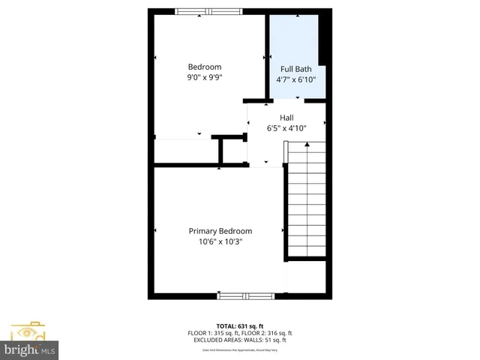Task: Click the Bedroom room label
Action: click(x=204, y=67)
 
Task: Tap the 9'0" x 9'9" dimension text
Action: click(x=204, y=76)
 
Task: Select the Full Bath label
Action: click(x=296, y=69)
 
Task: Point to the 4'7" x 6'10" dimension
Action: click(x=296, y=79)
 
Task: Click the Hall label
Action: click(x=286, y=118)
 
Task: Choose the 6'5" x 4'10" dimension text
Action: click(x=286, y=128)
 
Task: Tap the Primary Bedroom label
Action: click(x=220, y=231)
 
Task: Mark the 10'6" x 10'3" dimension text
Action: click(x=220, y=241)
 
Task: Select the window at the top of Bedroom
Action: click(x=204, y=11)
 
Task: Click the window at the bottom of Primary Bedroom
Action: click(x=246, y=296)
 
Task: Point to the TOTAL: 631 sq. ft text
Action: click(x=240, y=325)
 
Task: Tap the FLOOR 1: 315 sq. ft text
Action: click(x=212, y=333)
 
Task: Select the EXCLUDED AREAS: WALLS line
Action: click(x=240, y=340)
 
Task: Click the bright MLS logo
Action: click(x=30, y=350)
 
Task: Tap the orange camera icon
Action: click(x=28, y=331)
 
